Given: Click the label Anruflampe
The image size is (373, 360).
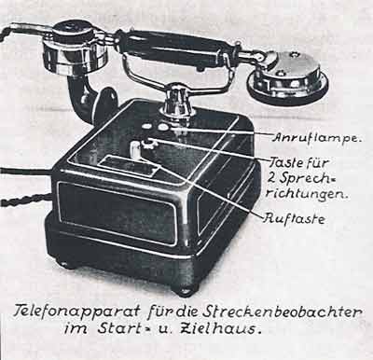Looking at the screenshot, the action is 316,138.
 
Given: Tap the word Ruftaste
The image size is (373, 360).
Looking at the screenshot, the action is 294,219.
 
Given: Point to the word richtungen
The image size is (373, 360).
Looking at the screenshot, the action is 307,194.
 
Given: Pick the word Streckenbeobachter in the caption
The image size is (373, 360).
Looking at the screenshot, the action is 282,312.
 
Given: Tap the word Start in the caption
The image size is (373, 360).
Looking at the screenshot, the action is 117,328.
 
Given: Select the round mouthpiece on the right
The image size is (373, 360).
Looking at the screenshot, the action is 287,77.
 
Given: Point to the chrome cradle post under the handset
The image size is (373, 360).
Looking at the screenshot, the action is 176,101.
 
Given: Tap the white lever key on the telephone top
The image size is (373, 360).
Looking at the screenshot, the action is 135,149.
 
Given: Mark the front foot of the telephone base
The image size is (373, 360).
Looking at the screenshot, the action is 183,291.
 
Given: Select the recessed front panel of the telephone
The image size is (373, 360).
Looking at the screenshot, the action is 117,211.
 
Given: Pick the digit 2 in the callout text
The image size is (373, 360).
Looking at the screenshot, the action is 272,177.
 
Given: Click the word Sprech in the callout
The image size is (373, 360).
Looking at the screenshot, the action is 306,178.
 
